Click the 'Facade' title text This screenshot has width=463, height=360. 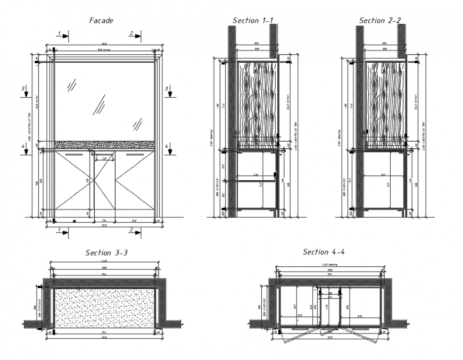(x=101, y=20)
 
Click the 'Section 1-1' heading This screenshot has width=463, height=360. (x=253, y=20)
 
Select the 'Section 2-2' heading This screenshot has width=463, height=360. (x=380, y=20)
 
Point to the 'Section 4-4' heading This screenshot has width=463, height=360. (x=324, y=252)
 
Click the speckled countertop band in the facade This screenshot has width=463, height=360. (x=105, y=145)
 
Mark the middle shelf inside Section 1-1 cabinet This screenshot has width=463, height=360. (x=255, y=181)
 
